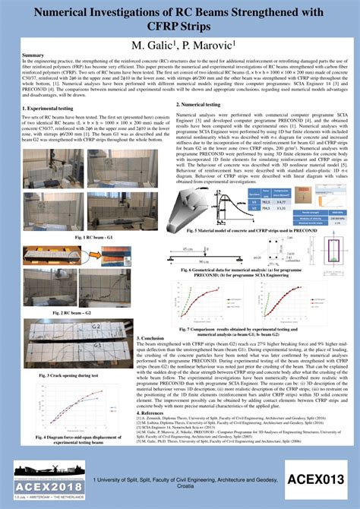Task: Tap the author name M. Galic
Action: (153, 46)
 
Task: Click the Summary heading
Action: (33, 56)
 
